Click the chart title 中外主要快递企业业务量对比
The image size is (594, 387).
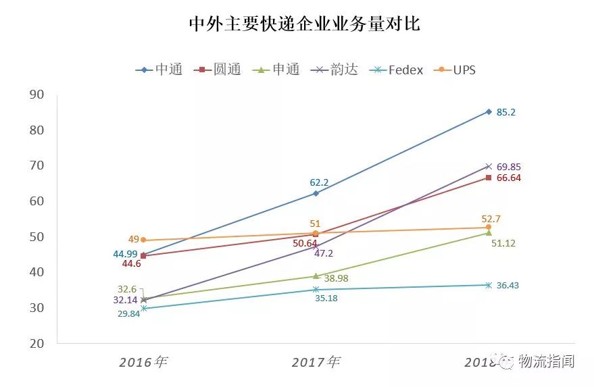pos(305,24)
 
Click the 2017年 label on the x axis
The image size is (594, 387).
pos(316,362)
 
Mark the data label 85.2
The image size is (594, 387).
pos(505,112)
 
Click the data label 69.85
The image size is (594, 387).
pos(508,167)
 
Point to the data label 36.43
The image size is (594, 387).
pos(508,286)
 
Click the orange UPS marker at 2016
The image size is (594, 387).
pos(143,240)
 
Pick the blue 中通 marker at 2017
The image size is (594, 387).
pos(316,193)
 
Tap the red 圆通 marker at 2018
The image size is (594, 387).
pos(488,178)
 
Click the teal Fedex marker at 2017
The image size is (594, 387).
pos(316,290)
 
